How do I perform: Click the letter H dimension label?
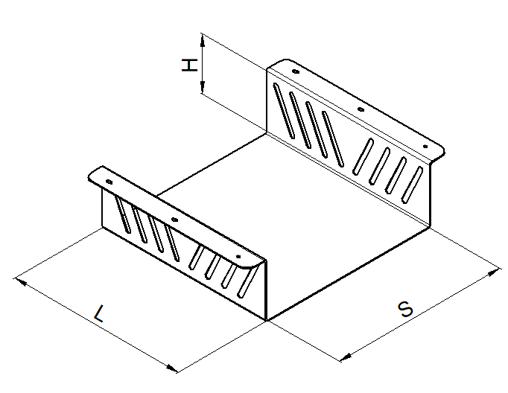[x=189, y=65]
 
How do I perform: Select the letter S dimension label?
[x=405, y=309]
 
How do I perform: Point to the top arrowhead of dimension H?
[x=203, y=40]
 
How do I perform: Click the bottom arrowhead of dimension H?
[x=203, y=87]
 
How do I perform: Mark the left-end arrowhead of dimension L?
[x=20, y=281]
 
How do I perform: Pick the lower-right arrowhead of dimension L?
[x=171, y=368]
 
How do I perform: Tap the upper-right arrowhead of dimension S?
[x=494, y=272]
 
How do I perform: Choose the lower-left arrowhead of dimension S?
[x=346, y=357]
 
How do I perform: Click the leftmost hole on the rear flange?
[x=295, y=71]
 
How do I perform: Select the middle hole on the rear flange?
[x=361, y=109]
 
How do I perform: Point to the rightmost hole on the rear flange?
[x=425, y=147]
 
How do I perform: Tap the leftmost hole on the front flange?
[x=109, y=182]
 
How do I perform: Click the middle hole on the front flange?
[x=174, y=220]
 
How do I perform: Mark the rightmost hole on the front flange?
[x=238, y=257]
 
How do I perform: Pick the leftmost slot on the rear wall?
[x=284, y=111]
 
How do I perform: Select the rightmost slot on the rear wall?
[x=412, y=185]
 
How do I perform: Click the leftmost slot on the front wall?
[x=124, y=214]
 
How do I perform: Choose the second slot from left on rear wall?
[x=300, y=120]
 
